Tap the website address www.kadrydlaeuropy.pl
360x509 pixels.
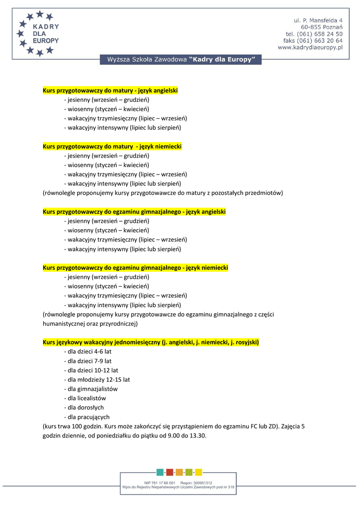310,48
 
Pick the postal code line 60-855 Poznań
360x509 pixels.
321,27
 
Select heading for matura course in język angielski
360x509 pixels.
110,90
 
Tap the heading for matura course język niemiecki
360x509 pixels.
112,147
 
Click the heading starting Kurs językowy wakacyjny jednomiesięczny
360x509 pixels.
151,342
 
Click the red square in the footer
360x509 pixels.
170,472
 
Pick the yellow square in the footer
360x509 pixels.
198,472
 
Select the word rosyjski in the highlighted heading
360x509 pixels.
245,342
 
